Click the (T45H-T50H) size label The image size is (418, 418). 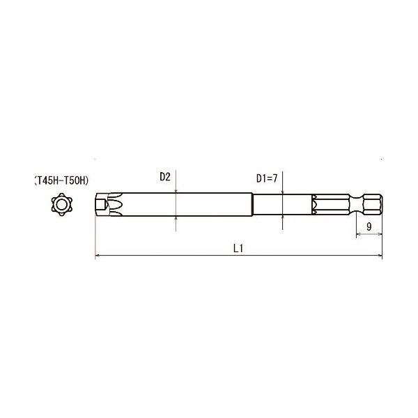(61, 180)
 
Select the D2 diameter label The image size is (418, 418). (164, 177)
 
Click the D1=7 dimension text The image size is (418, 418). (267, 178)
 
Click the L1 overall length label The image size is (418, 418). (237, 249)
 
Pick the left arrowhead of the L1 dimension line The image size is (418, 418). (98, 258)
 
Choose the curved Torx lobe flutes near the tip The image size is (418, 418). (113, 205)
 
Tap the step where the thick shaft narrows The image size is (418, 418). (252, 205)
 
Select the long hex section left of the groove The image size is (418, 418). (334, 205)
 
